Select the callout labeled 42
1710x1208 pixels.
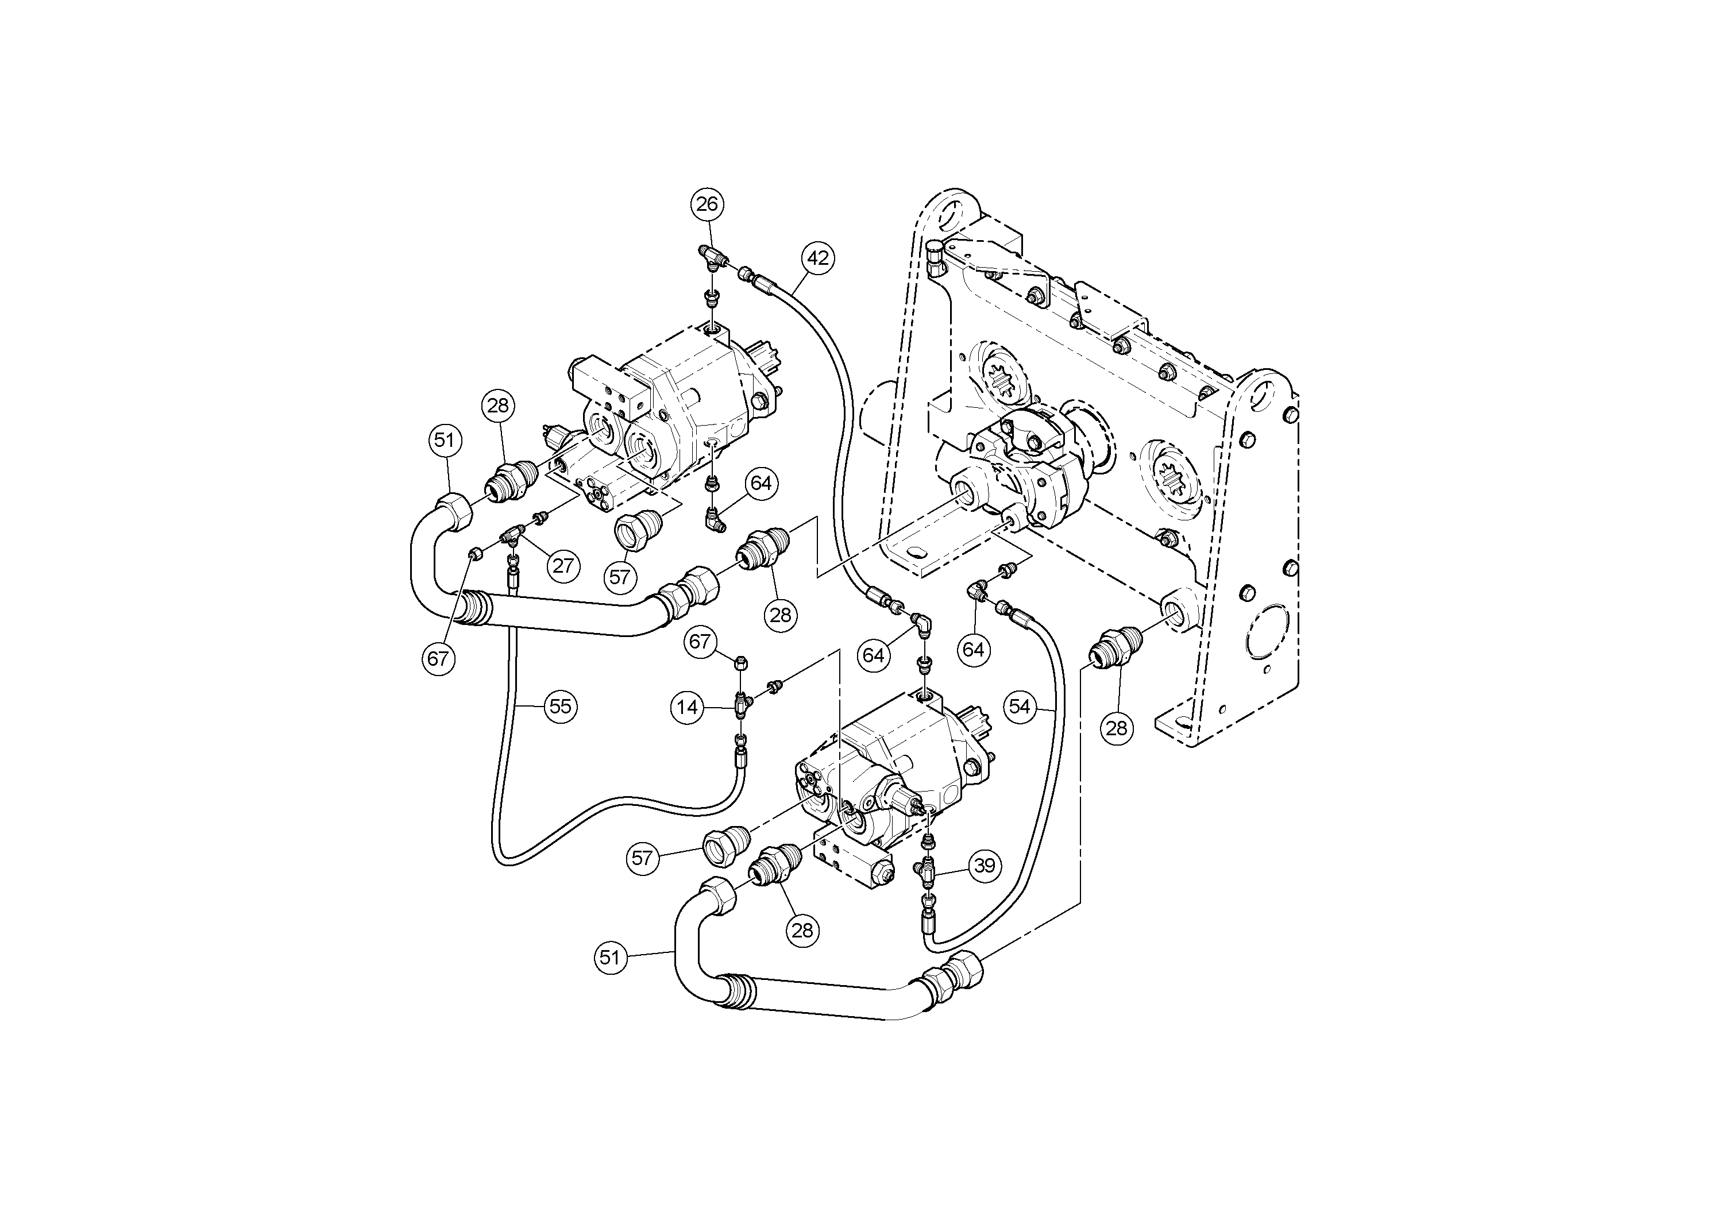click(818, 258)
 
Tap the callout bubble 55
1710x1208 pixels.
click(560, 705)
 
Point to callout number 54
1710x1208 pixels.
click(1020, 705)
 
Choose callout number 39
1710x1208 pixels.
click(985, 866)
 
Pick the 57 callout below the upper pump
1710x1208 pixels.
click(620, 577)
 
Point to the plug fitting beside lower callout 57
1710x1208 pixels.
click(723, 846)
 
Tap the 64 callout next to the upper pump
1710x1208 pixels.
click(761, 483)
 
